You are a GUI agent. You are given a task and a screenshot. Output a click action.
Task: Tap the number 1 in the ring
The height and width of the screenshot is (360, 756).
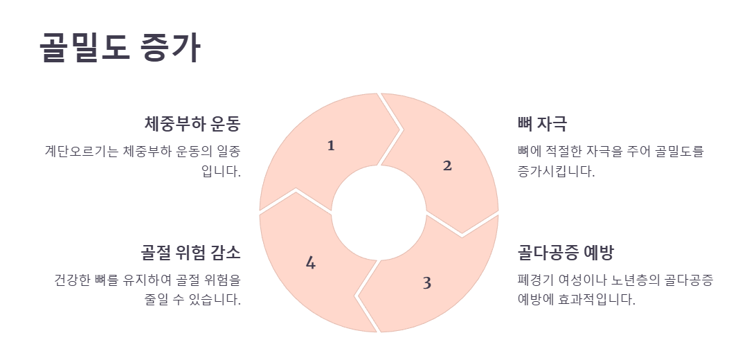tap(331, 145)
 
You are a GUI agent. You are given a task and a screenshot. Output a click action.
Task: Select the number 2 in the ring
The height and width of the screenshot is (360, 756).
tap(447, 165)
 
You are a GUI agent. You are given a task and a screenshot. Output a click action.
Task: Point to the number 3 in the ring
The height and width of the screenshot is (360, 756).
tap(426, 283)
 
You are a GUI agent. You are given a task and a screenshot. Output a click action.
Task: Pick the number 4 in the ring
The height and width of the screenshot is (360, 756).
tap(311, 263)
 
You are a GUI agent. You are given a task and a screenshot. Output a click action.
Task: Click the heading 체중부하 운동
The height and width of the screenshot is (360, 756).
tap(192, 124)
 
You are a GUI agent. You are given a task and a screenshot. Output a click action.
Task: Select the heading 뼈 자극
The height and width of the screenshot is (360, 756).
tap(542, 124)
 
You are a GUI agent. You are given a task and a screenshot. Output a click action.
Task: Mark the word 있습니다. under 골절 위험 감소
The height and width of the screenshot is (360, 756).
tap(215, 300)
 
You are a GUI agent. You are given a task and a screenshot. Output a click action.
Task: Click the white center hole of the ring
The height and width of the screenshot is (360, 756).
tap(379, 213)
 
